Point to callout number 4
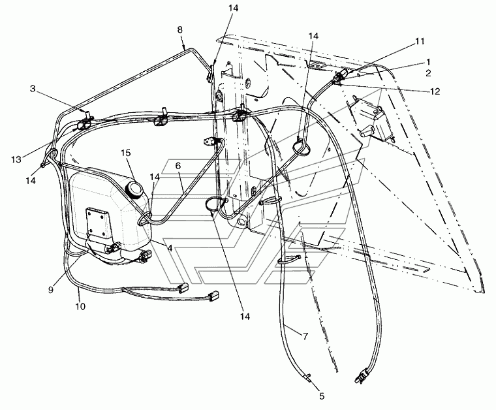click(170, 248)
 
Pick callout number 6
click(178, 167)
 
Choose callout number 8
click(179, 29)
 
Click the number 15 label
click(127, 152)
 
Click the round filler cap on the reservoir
click(136, 189)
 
